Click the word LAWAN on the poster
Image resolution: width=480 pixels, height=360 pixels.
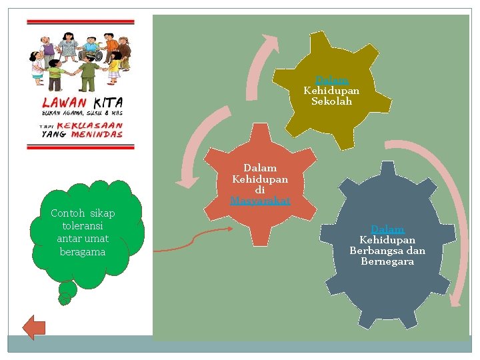64,103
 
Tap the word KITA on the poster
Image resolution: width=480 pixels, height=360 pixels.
108,103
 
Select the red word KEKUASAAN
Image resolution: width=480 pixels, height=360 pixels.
99,125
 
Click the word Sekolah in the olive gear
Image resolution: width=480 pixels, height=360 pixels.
331,102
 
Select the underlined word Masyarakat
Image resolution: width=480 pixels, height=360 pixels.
260,200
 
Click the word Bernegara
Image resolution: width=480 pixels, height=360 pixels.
387,261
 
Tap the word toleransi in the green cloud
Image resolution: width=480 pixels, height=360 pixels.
83,226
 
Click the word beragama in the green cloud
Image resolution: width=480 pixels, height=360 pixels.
83,251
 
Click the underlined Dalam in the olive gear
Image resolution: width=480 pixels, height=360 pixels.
331,79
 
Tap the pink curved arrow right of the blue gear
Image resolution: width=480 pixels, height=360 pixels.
444,213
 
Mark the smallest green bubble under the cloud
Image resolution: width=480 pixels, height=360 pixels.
64,299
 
